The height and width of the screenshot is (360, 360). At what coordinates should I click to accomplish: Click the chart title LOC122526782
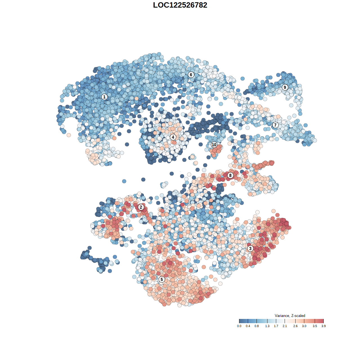[x=180, y=5]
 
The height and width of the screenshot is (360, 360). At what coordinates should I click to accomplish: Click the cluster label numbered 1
[x=104, y=97]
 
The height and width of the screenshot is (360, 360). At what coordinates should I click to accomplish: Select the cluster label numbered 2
[x=141, y=207]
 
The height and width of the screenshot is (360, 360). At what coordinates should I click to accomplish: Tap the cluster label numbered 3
[x=250, y=248]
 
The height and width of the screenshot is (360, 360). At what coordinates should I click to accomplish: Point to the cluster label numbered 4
[x=173, y=137]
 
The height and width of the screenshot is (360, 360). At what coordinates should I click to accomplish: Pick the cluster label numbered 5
[x=162, y=279]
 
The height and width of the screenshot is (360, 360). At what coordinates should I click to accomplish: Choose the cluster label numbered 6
[x=191, y=75]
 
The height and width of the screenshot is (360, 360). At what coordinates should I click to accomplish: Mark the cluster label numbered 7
[x=275, y=125]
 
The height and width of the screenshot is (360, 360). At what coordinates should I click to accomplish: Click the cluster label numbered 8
[x=230, y=175]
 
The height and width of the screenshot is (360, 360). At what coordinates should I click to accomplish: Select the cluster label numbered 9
[x=285, y=87]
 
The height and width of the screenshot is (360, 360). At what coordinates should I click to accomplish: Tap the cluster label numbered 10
[x=214, y=145]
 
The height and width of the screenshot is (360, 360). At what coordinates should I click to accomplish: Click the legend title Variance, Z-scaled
[x=290, y=316]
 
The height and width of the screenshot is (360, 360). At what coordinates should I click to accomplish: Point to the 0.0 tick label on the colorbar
[x=239, y=326]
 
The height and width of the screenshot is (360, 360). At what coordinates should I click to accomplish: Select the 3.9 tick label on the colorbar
[x=323, y=326]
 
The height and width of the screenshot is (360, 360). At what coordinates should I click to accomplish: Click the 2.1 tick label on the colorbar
[x=285, y=326]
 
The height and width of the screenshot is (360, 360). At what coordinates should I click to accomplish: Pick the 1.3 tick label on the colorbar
[x=267, y=326]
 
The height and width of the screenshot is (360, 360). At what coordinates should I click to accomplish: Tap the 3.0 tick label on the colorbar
[x=304, y=326]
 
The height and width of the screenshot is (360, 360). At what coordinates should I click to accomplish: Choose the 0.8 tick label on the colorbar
[x=256, y=326]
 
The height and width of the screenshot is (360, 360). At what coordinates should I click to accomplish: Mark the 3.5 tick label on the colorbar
[x=315, y=326]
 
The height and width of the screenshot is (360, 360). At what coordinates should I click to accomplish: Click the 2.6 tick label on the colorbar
[x=295, y=326]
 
